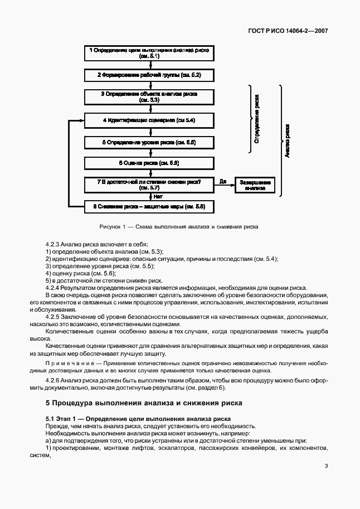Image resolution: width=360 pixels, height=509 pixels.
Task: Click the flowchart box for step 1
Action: (148, 53)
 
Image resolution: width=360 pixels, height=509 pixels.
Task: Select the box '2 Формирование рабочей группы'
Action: (148, 74)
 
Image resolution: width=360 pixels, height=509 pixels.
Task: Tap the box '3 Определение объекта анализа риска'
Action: (148, 97)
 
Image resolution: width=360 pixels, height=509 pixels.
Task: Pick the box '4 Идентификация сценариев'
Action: (148, 120)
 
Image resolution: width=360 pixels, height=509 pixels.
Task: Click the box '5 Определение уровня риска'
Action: (148, 142)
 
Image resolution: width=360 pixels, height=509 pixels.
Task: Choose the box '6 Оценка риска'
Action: (148, 163)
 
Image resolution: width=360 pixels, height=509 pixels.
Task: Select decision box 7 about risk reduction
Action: (148, 185)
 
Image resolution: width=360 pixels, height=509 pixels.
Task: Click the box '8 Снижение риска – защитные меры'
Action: (148, 207)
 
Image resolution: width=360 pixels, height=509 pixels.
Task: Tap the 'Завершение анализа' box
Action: (255, 185)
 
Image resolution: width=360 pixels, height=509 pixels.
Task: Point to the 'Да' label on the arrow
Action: (223, 181)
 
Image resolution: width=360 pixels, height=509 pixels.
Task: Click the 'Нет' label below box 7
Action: (158, 196)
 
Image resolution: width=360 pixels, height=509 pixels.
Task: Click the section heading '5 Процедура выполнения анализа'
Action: (143, 403)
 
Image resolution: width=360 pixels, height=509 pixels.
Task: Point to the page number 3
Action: (326, 467)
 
